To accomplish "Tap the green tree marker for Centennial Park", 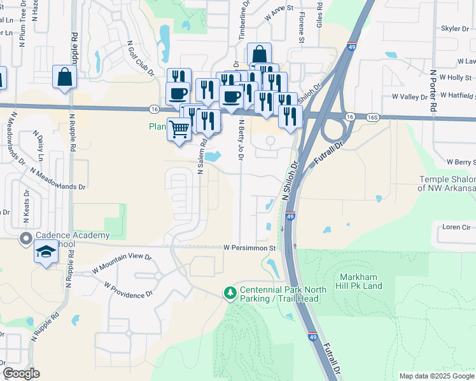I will click(230, 293).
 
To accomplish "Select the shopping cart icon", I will click(179, 129).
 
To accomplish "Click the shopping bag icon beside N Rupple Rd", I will click(65, 77).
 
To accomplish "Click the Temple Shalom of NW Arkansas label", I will click(447, 184).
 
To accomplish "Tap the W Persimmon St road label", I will click(249, 248).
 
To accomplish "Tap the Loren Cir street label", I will click(457, 226).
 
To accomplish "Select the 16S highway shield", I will click(372, 117).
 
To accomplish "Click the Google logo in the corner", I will click(22, 373).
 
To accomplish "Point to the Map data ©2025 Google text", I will click(436, 376).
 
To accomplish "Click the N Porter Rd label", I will click(433, 91).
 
